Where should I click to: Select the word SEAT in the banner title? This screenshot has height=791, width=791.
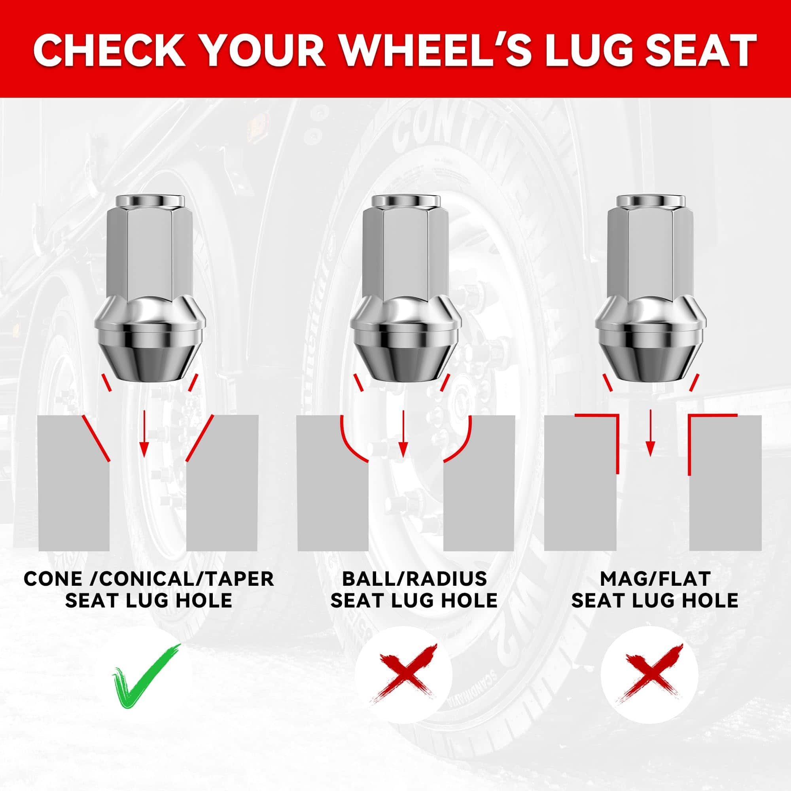pos(691,50)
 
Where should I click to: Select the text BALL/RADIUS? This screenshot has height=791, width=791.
pos(414,579)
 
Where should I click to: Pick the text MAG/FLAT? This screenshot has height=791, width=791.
pos(655,579)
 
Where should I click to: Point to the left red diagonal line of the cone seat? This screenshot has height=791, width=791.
pos(97,439)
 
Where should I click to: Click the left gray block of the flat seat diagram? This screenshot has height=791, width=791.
pos(580,483)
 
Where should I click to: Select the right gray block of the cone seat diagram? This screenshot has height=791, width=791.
pos(222,483)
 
